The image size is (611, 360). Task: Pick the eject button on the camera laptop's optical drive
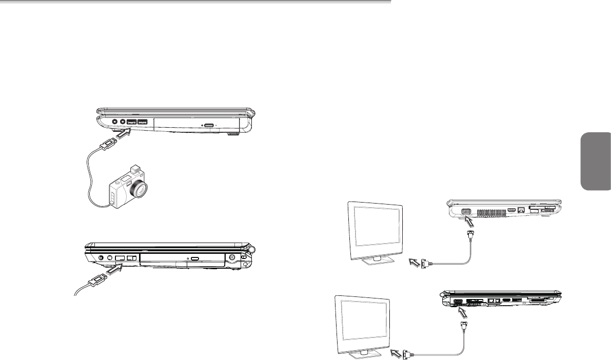210,124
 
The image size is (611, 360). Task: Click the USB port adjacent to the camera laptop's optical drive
142,122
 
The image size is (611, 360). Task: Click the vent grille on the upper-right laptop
489,212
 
